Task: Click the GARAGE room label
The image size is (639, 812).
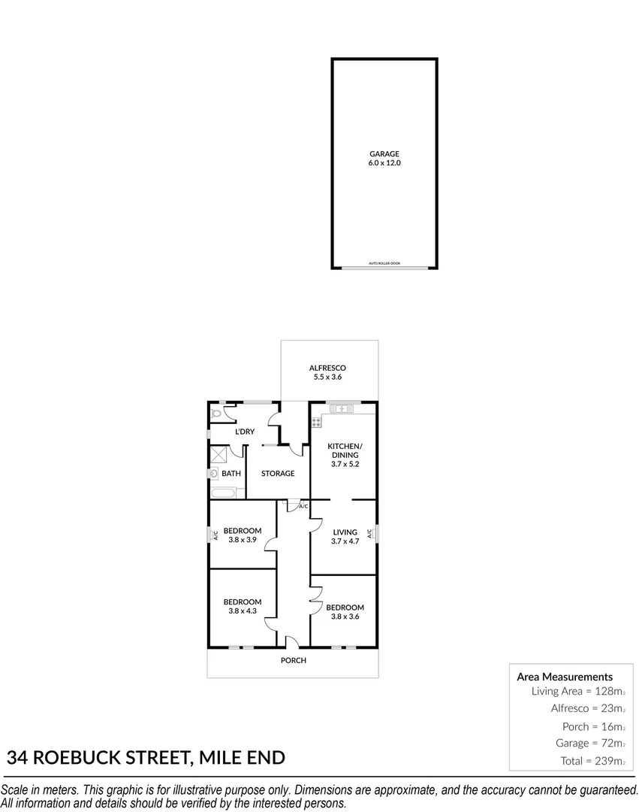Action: coord(384,154)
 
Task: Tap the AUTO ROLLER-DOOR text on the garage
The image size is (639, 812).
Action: coord(384,263)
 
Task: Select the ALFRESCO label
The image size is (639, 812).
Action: coord(327,368)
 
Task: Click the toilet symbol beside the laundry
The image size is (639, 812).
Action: coord(217,413)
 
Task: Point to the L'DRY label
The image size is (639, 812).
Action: coord(245,432)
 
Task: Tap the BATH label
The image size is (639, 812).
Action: coord(231,474)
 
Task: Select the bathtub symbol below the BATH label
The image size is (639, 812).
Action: coord(223,493)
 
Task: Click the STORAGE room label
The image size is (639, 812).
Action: coord(278,474)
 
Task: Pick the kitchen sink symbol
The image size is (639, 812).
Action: coord(342,408)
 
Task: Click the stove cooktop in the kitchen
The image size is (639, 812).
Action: coord(316,422)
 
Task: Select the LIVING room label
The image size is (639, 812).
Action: coord(345,532)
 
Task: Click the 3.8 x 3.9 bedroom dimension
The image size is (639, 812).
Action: coord(243,540)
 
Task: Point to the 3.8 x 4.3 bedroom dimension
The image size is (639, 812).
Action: coord(243,611)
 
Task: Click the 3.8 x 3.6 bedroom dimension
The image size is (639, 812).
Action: coord(345,617)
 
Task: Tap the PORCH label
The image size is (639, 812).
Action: coord(294,660)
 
